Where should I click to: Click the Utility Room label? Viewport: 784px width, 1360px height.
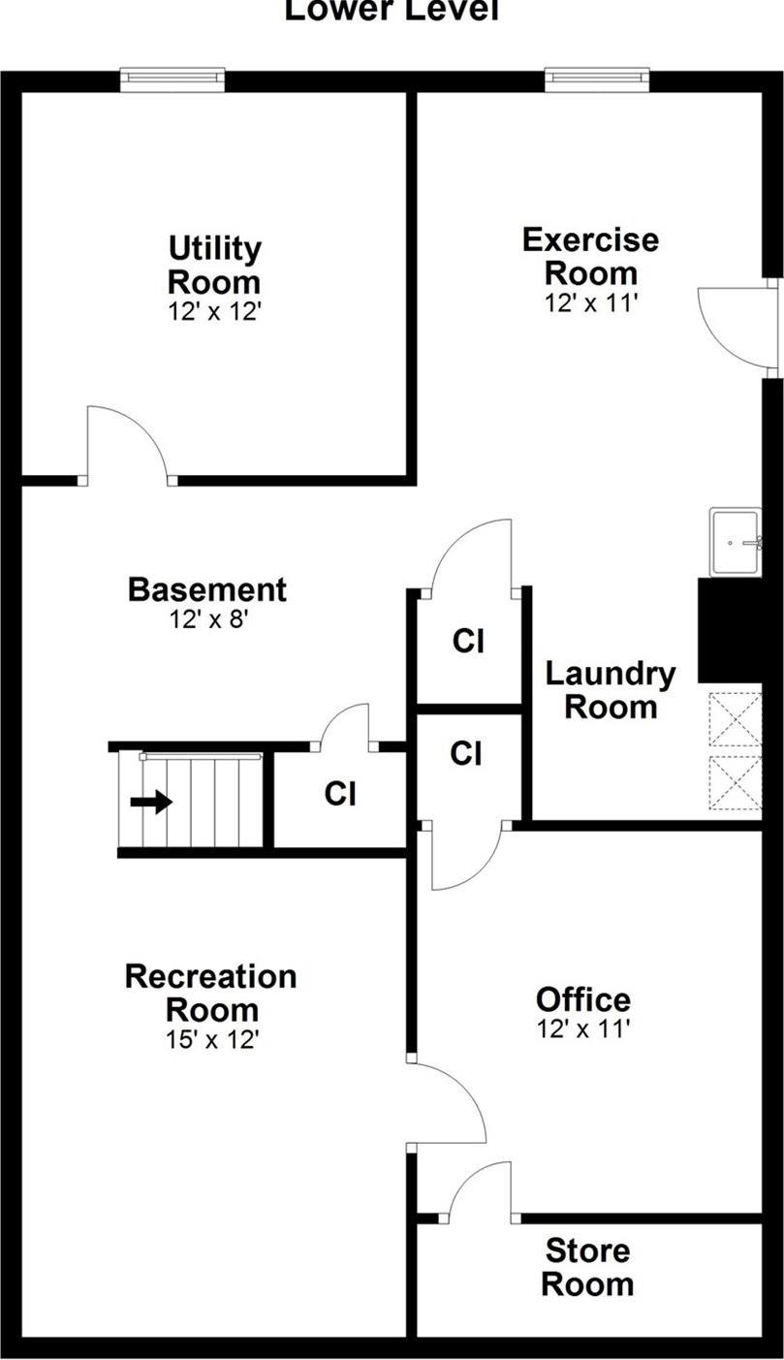click(x=214, y=266)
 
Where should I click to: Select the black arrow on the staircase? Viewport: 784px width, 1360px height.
click(x=151, y=802)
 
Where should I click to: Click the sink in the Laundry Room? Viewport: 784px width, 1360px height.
click(x=734, y=542)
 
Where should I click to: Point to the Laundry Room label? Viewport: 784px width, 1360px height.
click(x=610, y=689)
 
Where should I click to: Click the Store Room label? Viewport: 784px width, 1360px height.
click(x=587, y=1267)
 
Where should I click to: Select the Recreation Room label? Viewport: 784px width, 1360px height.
click(x=211, y=992)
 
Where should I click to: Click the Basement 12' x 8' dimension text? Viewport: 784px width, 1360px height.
click(x=206, y=618)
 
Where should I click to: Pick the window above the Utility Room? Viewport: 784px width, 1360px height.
click(x=172, y=79)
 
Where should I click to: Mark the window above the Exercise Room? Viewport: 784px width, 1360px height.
click(x=597, y=79)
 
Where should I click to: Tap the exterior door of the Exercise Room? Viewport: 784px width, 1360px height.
click(x=738, y=328)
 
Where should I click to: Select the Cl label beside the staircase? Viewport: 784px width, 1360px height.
click(x=339, y=794)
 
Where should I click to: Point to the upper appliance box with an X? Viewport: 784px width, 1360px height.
click(x=735, y=718)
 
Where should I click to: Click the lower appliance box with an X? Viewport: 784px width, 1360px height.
click(x=735, y=781)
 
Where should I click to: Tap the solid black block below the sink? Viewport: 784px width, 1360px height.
click(x=730, y=630)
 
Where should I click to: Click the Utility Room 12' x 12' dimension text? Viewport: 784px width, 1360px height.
click(x=213, y=312)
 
